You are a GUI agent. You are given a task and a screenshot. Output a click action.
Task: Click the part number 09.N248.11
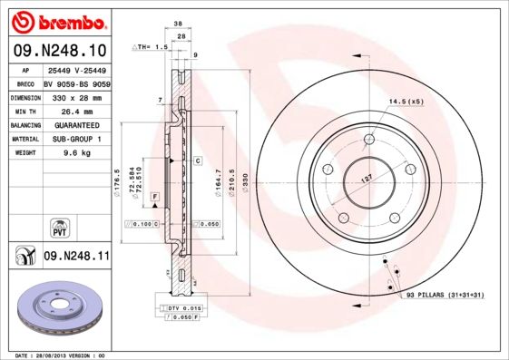click(77, 257)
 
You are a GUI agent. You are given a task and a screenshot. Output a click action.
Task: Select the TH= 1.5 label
click(152, 46)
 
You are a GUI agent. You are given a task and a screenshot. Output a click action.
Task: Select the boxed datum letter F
click(155, 197)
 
